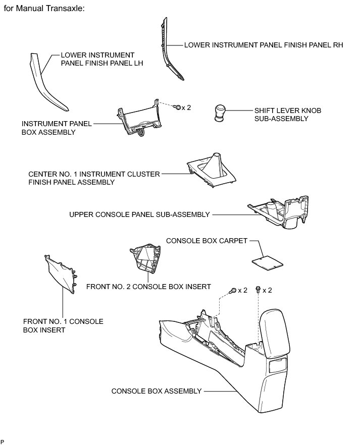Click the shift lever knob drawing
coord(221,113)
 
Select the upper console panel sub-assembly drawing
coord(280,214)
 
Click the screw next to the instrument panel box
coord(177,107)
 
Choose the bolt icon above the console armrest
coord(258,290)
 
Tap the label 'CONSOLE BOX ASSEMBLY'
coord(157,391)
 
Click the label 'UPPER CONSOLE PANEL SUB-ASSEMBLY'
coord(139,214)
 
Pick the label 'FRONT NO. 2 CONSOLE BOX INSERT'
coord(148,287)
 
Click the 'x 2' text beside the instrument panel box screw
coord(186,107)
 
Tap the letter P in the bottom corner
coord(3,441)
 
